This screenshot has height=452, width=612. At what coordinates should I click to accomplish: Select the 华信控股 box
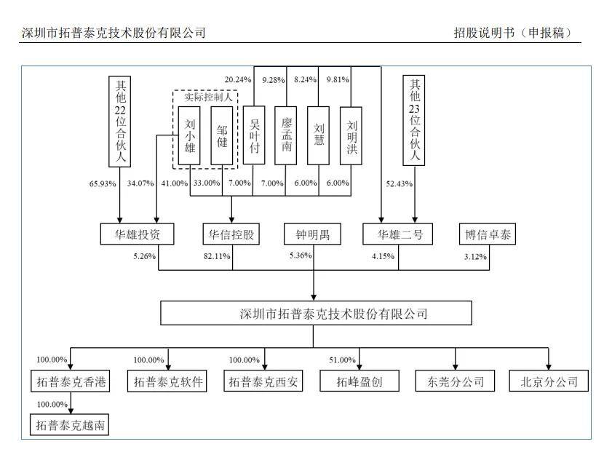click(x=231, y=234)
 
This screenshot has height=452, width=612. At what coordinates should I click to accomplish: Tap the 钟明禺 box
click(x=313, y=234)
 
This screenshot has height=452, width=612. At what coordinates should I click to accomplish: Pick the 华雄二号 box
click(x=399, y=234)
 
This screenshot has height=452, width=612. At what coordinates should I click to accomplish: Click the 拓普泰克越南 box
click(x=70, y=424)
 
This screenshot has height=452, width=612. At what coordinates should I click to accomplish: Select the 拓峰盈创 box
click(x=356, y=381)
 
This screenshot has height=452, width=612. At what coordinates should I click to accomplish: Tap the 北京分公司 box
click(x=549, y=381)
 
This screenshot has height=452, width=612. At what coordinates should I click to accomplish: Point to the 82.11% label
click(x=218, y=256)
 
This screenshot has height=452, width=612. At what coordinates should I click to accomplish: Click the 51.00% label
click(x=342, y=360)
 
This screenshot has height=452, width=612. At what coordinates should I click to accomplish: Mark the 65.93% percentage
click(x=102, y=183)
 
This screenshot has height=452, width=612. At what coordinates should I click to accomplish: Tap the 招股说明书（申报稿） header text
click(x=512, y=33)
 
